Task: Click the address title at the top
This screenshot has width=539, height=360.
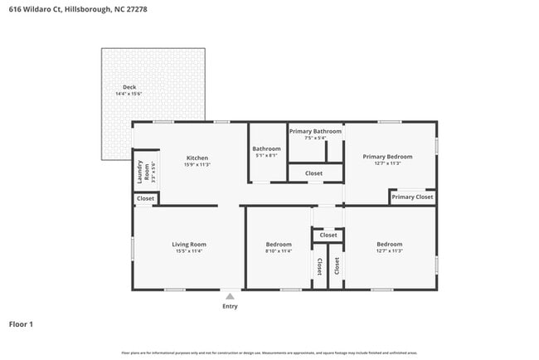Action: (x=63, y=8)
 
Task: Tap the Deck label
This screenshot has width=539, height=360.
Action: (x=129, y=86)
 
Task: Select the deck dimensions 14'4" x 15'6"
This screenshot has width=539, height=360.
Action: (x=129, y=94)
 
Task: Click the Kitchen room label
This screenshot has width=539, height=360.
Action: (x=197, y=158)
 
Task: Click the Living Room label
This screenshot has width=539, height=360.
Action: (x=189, y=244)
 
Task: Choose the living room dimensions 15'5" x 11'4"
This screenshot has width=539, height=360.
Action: (x=189, y=251)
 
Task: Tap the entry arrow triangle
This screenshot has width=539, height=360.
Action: (x=230, y=296)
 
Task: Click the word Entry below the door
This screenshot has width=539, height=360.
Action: (x=230, y=306)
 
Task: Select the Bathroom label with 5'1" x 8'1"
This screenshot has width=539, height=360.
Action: (x=266, y=148)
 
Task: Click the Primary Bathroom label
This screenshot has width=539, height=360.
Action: (x=315, y=131)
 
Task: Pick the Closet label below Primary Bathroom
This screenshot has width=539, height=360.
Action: (x=314, y=173)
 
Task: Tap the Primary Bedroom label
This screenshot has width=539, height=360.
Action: (x=387, y=156)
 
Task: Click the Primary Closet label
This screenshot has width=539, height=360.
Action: (x=412, y=197)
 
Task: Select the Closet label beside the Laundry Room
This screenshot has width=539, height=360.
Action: (x=145, y=199)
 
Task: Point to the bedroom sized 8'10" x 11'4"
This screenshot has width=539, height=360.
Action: (x=279, y=244)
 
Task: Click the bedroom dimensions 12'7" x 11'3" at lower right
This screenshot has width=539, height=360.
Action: (x=389, y=251)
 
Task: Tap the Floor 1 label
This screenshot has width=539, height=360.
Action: (x=21, y=324)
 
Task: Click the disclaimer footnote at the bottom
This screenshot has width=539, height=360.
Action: (x=269, y=353)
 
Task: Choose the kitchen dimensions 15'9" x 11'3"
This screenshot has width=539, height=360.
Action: (x=197, y=165)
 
